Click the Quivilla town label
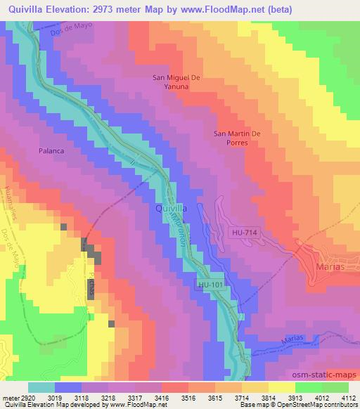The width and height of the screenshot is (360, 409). tap(169, 209)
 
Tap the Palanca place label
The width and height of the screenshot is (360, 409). tap(51, 150)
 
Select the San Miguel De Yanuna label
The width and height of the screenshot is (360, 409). tap(177, 83)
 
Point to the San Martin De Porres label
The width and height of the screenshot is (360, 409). tap(237, 137)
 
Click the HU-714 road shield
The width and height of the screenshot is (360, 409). tap(243, 231)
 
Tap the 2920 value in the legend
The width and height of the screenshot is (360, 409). tap(27, 397)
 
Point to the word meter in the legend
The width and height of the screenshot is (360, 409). tap(9, 397)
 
